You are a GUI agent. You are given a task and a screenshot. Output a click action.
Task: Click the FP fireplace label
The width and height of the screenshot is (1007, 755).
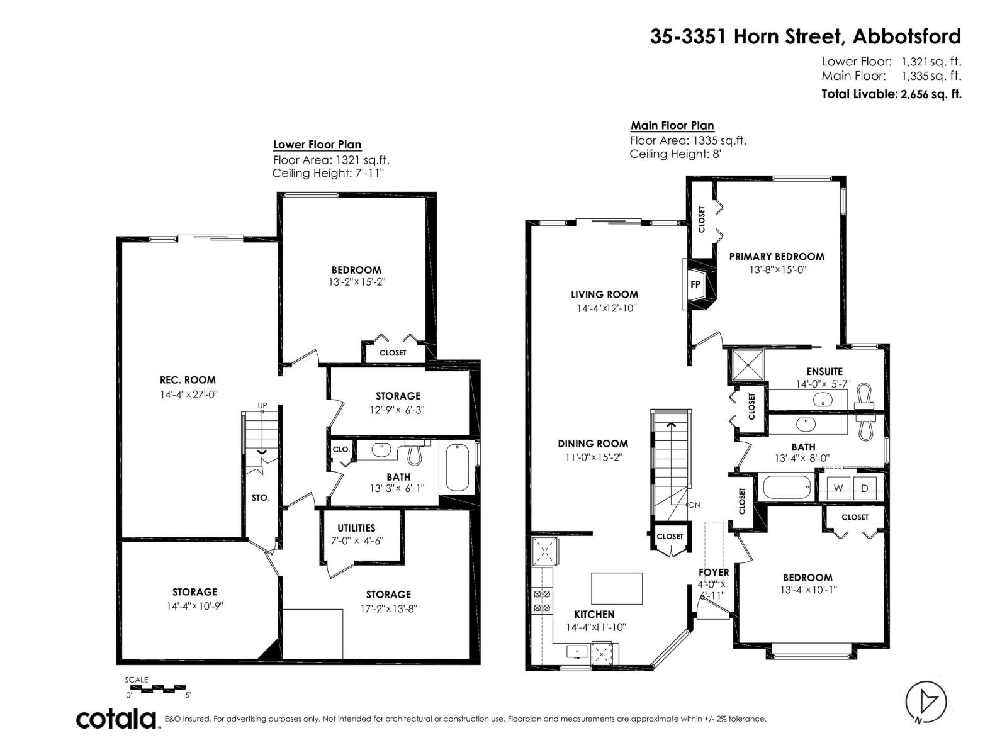tap(695, 284)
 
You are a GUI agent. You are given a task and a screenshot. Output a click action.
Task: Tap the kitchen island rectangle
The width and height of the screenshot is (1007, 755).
tap(617, 588)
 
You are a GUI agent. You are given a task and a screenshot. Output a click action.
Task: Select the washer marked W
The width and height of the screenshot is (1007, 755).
tap(838, 488)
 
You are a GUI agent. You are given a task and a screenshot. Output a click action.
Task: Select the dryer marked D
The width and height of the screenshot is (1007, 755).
tap(865, 488)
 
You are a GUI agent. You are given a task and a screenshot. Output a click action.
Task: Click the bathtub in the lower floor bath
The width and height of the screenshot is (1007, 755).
tap(458, 468)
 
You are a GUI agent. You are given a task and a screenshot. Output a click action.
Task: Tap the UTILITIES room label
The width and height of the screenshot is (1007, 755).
tap(356, 528)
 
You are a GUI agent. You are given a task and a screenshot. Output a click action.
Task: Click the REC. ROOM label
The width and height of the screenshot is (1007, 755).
tap(188, 380)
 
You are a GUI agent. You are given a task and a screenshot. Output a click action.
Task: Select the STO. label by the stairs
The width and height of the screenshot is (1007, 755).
tap(261, 498)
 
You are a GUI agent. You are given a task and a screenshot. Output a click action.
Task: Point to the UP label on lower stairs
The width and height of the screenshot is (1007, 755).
tap(262, 406)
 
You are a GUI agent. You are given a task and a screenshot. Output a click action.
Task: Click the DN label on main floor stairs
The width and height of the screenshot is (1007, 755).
tap(695, 505)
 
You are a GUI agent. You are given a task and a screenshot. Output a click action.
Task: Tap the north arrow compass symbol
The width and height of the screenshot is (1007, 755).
tap(926, 700)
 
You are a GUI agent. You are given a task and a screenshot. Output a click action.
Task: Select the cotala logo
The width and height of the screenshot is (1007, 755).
tap(117, 719)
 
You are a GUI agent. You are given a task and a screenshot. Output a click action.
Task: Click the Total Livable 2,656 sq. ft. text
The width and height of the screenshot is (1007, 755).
tap(891, 94)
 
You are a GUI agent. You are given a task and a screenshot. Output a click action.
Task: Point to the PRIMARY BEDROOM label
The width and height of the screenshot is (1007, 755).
tap(777, 257)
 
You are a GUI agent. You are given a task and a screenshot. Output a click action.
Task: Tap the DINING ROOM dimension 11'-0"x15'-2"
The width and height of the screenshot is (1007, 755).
tap(593, 457)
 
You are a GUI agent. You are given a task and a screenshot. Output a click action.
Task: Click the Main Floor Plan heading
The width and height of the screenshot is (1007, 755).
tap(672, 125)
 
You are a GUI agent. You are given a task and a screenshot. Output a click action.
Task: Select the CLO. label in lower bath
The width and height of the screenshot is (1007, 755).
tap(341, 449)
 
